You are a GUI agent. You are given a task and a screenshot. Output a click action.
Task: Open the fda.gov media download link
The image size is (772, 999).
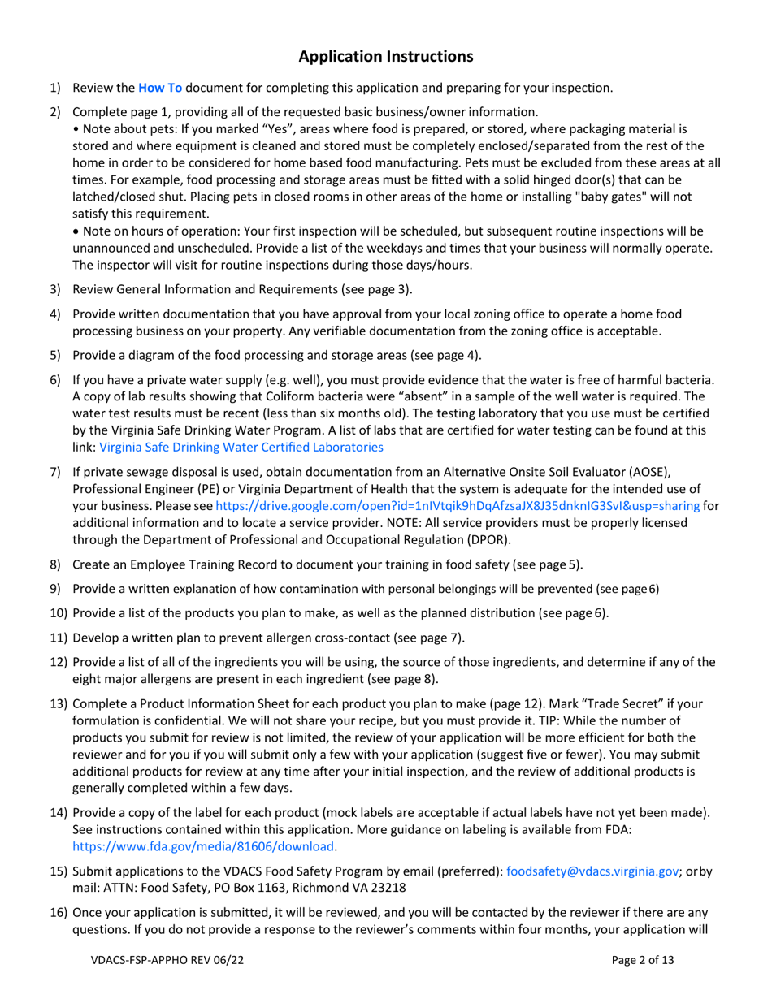click(x=203, y=846)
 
